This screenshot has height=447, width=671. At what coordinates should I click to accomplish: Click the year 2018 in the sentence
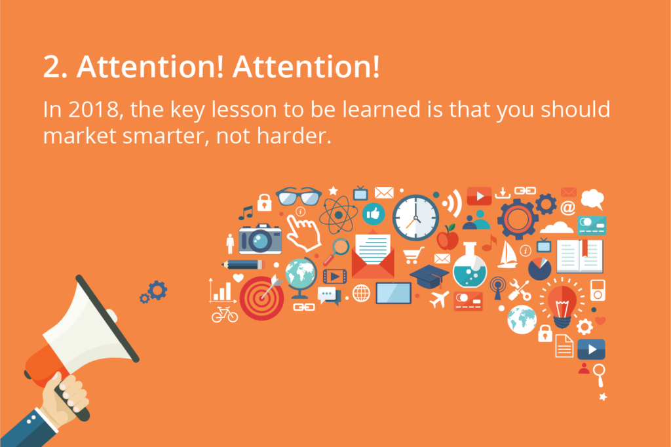(93, 109)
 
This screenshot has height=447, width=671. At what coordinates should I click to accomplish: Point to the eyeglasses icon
(299, 197)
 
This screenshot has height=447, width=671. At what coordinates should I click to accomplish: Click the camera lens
(259, 241)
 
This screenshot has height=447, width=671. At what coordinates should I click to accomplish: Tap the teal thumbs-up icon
(373, 214)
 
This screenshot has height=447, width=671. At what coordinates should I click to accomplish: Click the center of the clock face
(415, 218)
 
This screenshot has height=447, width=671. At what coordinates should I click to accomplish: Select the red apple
(448, 238)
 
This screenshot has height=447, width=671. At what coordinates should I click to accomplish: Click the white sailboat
(508, 254)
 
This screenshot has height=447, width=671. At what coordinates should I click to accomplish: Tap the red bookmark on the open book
(584, 248)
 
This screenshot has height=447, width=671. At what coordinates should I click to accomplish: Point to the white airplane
(439, 299)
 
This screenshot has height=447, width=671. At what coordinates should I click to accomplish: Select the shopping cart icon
(413, 255)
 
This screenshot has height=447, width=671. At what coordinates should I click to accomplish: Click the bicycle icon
(225, 314)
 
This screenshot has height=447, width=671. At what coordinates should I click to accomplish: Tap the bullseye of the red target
(261, 298)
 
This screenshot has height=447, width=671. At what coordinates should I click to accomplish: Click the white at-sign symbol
(568, 208)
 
